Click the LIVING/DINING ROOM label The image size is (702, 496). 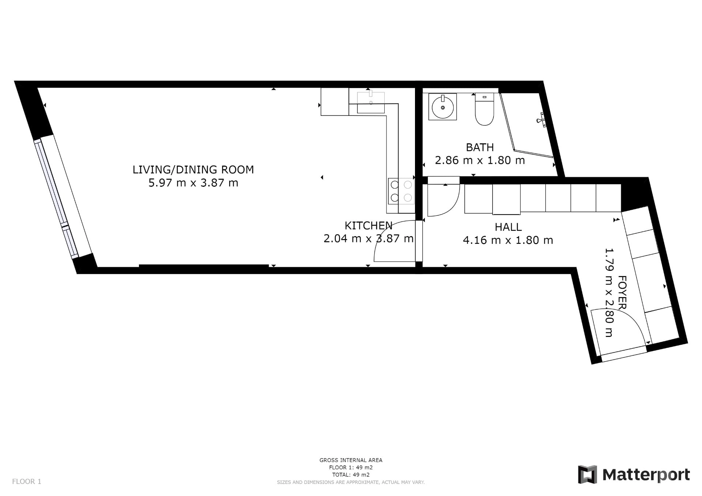[x=193, y=170]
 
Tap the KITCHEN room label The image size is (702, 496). [x=369, y=226]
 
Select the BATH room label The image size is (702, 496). [x=480, y=147]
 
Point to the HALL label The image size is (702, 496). [x=508, y=227]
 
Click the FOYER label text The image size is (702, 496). [x=622, y=292]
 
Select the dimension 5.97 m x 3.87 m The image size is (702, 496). [x=193, y=183]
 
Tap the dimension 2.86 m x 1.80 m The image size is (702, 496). [x=480, y=160]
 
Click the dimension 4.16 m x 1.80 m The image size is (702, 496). [x=508, y=240]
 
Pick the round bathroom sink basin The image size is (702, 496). [x=443, y=107]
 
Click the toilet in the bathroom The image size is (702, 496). [x=484, y=109]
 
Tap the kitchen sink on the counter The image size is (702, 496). [x=371, y=102]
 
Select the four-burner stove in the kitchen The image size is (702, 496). [x=401, y=191]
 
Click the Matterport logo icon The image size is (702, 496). [x=587, y=474]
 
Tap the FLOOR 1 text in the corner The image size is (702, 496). [x=27, y=481]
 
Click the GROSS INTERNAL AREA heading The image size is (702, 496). [x=351, y=460]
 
